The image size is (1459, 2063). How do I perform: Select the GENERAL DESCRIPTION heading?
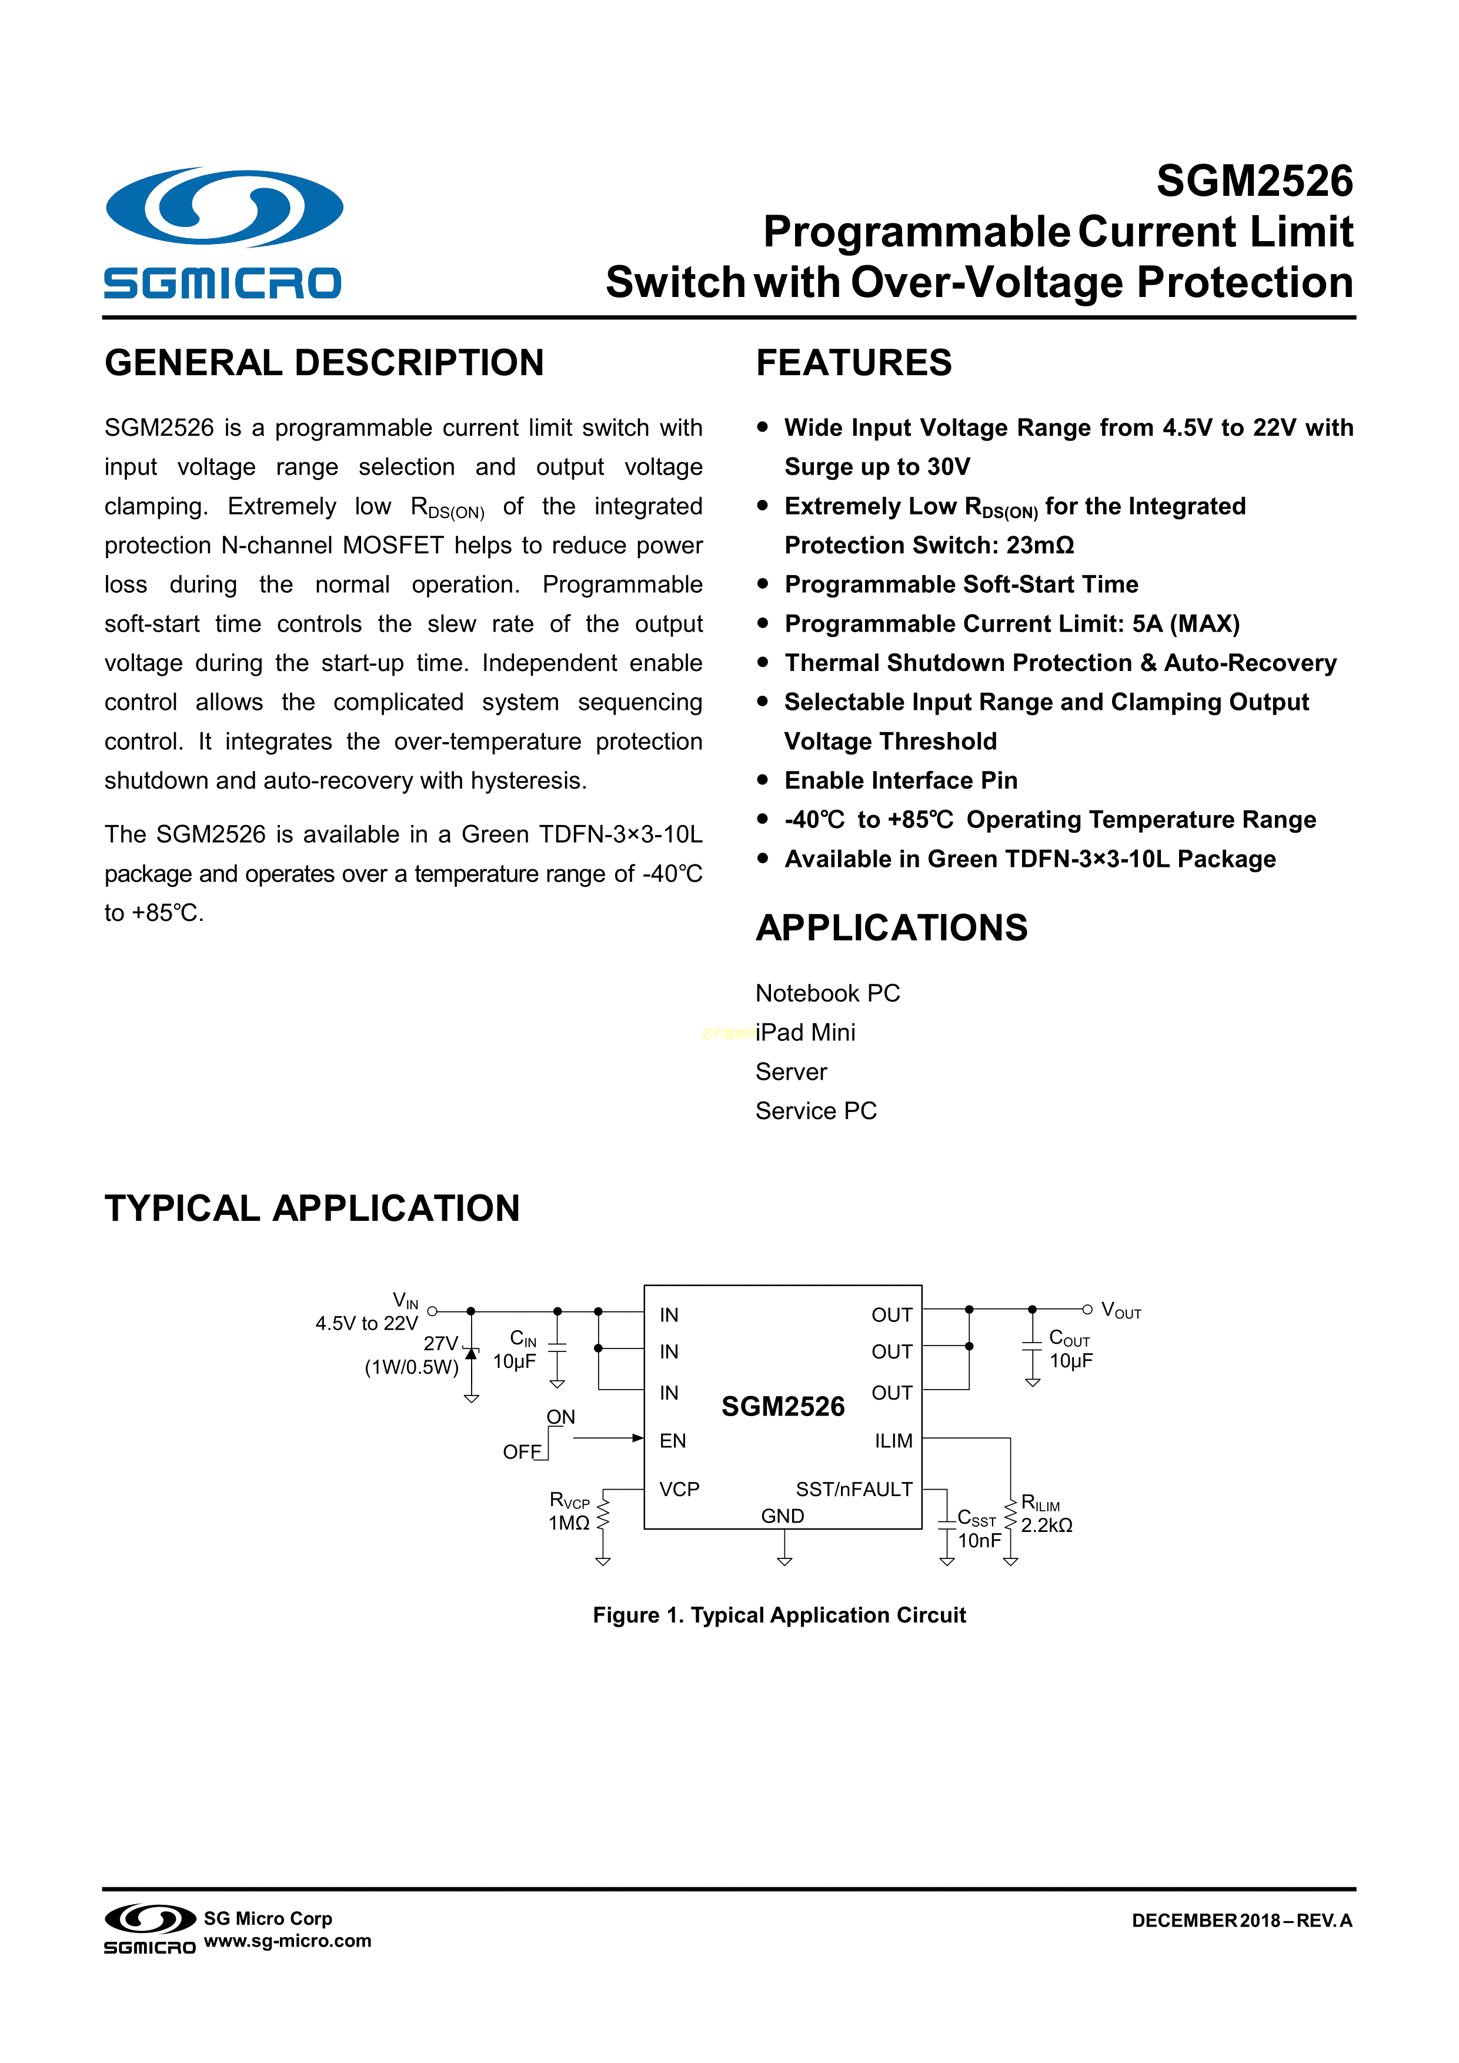(x=325, y=363)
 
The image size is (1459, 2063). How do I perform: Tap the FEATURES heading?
(x=853, y=363)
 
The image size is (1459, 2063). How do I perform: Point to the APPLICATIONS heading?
(x=891, y=928)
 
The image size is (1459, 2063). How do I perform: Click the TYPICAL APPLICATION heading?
(x=312, y=1209)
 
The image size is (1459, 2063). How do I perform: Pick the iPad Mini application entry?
(x=805, y=1033)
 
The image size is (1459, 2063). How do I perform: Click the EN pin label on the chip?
(x=672, y=1441)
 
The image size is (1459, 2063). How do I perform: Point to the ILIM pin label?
(x=893, y=1441)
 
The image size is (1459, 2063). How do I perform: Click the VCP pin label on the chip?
(x=679, y=1489)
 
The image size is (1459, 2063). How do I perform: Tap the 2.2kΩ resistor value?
(x=1047, y=1525)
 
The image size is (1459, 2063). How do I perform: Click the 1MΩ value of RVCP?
(x=569, y=1523)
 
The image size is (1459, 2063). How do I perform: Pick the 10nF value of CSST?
(x=979, y=1540)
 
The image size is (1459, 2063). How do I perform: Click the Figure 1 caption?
(x=779, y=1615)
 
